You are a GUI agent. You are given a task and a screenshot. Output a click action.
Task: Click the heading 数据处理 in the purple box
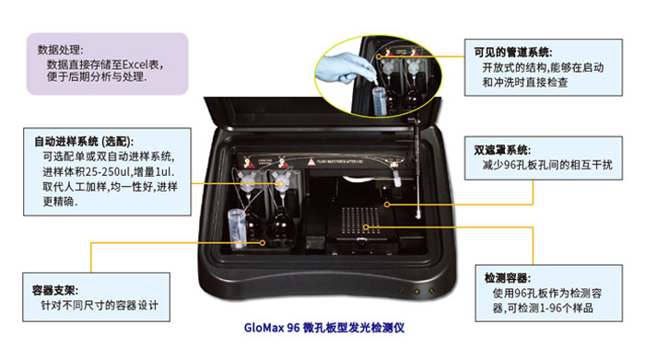[60, 50]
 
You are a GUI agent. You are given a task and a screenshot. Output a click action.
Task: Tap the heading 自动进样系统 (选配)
[84, 142]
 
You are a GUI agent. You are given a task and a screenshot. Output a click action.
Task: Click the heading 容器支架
[54, 290]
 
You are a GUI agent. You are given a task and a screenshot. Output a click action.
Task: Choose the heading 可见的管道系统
[512, 52]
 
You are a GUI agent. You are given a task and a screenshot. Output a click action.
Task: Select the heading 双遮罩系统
[502, 150]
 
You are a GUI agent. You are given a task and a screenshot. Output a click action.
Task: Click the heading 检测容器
[507, 278]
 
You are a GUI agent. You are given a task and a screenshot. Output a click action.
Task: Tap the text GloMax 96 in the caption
[272, 328]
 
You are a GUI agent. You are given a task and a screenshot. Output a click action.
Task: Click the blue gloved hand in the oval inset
[344, 68]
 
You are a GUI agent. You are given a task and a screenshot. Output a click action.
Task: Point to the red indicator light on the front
[403, 291]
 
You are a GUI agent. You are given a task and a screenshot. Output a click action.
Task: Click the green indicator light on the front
[431, 291]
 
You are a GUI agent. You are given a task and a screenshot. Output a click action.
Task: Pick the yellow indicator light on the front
[416, 291]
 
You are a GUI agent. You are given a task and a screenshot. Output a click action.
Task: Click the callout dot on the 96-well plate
[366, 226]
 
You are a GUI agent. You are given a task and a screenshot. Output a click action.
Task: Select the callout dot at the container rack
[262, 243]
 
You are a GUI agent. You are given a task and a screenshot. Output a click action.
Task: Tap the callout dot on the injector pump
[281, 184]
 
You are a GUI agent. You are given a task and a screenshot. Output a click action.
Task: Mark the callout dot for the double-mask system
[387, 204]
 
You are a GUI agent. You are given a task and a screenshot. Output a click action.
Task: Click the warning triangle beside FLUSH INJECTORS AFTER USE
[311, 162]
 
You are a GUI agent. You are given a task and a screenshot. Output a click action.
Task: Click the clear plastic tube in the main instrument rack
[238, 228]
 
